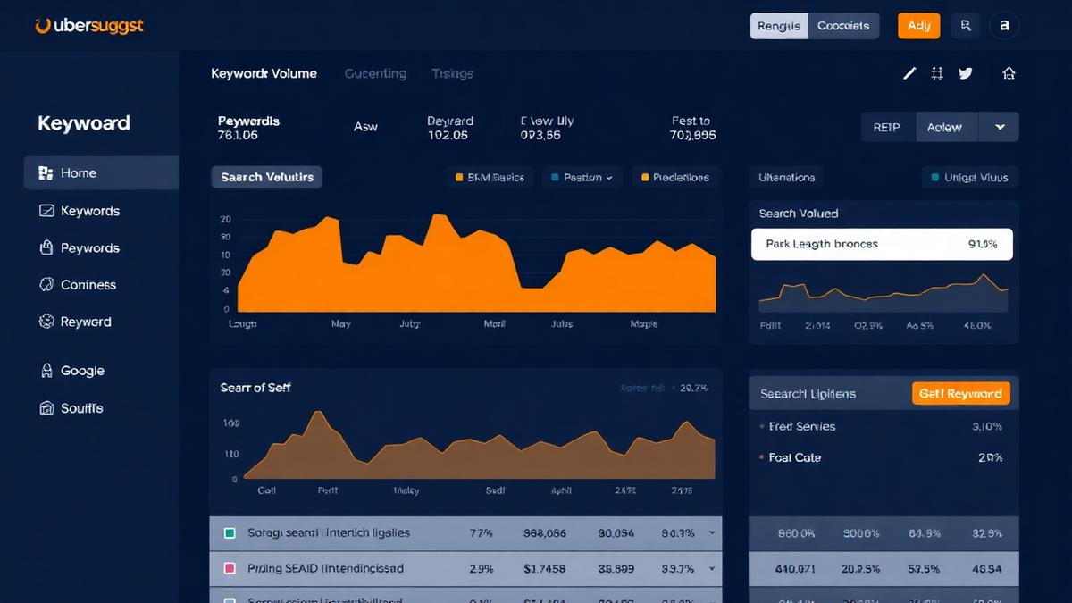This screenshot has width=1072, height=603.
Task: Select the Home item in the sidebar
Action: point(79,173)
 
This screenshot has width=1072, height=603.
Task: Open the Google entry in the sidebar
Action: point(82,371)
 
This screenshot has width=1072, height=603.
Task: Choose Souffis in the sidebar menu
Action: point(81,408)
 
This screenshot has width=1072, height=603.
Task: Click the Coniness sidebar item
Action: point(88,285)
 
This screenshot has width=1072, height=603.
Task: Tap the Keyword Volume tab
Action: point(264,73)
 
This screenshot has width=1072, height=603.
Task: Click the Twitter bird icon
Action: point(965,73)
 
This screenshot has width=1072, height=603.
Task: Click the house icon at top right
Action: point(1009,73)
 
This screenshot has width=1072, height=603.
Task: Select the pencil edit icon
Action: point(909,73)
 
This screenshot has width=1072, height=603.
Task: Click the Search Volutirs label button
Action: point(267,177)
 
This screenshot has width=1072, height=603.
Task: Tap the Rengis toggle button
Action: point(778,26)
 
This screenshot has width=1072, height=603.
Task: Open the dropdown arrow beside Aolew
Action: point(1000,128)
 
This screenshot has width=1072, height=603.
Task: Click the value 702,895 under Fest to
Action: point(692,136)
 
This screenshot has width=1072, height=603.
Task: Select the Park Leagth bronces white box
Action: point(882,244)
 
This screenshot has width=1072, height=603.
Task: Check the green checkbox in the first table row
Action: point(230,533)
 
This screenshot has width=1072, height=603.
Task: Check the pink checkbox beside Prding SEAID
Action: point(230,568)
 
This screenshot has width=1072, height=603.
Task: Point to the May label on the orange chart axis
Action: point(340,324)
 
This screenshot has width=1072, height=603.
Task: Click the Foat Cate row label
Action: point(794,457)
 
